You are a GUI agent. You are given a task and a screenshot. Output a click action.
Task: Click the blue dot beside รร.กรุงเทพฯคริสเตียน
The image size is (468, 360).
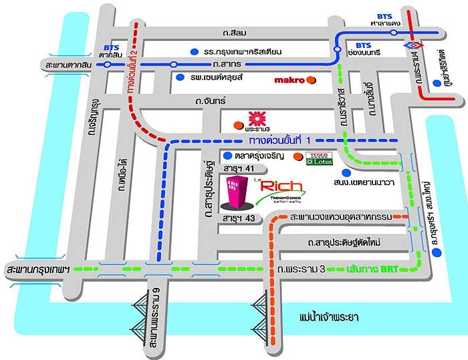coord(193,51)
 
